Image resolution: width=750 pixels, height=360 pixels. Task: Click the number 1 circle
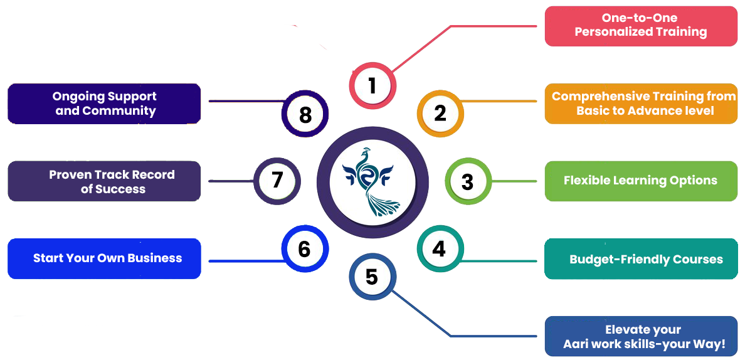pyautogui.click(x=372, y=85)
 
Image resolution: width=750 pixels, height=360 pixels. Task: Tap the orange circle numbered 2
pyautogui.click(x=440, y=113)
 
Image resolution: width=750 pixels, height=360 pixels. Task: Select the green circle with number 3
pyautogui.click(x=467, y=182)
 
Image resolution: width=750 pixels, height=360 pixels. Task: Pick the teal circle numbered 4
pyautogui.click(x=439, y=249)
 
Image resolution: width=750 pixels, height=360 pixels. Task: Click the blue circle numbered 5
pyautogui.click(x=372, y=277)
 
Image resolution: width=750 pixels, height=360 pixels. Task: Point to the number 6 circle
pyautogui.click(x=304, y=249)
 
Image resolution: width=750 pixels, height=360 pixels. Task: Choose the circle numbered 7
pyautogui.click(x=277, y=181)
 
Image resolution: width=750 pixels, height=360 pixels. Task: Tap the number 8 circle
pyautogui.click(x=305, y=115)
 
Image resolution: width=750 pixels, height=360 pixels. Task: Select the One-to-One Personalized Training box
pyautogui.click(x=640, y=26)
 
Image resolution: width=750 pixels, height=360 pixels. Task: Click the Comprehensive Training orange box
pyautogui.click(x=640, y=103)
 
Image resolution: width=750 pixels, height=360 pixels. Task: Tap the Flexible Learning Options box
pyautogui.click(x=640, y=181)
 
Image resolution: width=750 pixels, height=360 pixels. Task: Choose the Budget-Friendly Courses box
pyautogui.click(x=640, y=259)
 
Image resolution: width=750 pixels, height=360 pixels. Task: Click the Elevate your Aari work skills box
pyautogui.click(x=640, y=337)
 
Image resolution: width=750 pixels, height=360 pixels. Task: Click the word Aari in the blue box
pyautogui.click(x=576, y=344)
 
